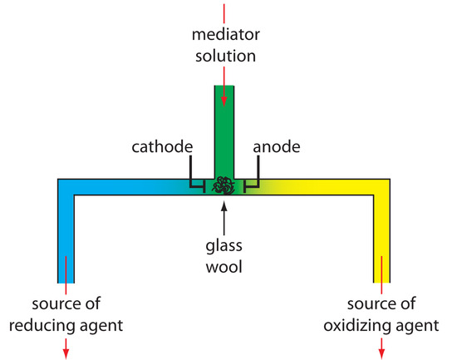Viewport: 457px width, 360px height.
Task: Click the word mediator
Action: [224, 37]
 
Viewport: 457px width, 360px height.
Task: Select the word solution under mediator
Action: [224, 57]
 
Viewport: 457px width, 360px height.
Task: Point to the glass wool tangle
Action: [224, 186]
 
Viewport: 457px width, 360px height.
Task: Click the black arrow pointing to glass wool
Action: [224, 215]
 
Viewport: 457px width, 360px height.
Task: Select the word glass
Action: [224, 246]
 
